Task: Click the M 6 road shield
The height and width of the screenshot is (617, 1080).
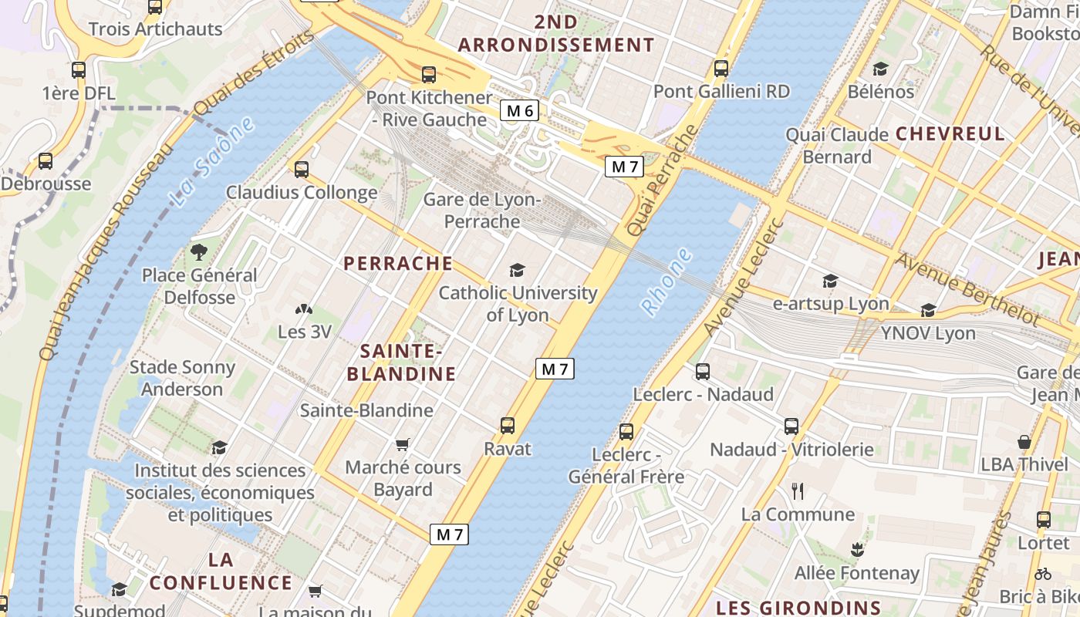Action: pos(519,111)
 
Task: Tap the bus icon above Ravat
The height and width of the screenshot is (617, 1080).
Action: pos(507,426)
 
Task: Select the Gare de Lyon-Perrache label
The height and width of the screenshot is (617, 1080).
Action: pos(482,211)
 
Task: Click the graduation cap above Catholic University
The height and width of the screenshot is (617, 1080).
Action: pos(517,270)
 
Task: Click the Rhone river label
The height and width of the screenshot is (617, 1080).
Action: pos(667,282)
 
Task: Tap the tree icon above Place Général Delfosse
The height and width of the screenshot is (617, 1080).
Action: pos(199,251)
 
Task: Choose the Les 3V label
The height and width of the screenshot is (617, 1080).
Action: pos(304,332)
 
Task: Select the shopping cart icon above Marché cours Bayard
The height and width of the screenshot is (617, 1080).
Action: pos(402,444)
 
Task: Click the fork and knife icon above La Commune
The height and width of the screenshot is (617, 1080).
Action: pos(798,491)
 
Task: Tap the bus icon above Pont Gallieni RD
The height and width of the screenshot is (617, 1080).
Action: pos(721,69)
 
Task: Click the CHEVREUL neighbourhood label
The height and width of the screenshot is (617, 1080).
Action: pos(950,133)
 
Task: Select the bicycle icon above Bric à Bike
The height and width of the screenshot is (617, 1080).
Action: pos(1043,574)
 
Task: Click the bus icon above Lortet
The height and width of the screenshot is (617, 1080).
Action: pos(1044,520)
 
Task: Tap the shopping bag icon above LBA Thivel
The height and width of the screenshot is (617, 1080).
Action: pos(1024,442)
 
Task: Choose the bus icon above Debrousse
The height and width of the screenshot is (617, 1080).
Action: pos(46,161)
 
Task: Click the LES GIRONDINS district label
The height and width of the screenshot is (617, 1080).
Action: pos(798,607)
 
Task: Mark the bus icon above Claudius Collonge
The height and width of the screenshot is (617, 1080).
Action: pos(302,169)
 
